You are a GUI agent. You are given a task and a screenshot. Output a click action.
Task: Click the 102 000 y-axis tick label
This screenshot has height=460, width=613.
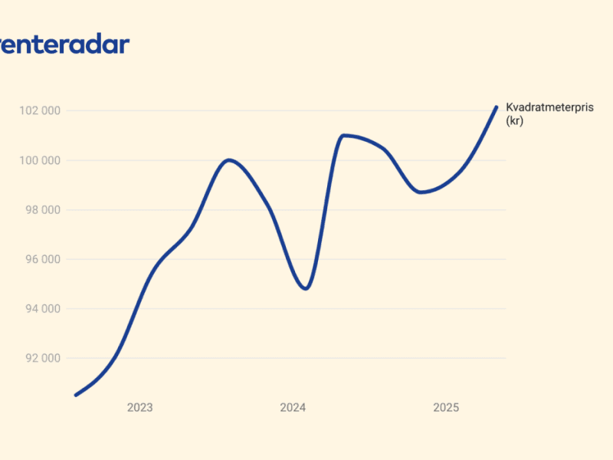point(39,111)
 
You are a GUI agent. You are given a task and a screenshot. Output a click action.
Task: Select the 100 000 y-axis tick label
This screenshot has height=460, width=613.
point(39,161)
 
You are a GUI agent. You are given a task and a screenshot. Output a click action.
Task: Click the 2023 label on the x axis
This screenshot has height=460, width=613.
point(139,408)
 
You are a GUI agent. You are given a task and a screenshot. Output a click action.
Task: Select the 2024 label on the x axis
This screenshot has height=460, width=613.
point(293,408)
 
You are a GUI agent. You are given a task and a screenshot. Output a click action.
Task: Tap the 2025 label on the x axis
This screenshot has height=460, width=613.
point(446,408)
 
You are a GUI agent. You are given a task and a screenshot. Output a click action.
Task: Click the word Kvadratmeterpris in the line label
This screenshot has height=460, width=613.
point(549,107)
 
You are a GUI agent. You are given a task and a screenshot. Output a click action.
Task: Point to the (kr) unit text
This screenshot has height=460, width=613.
point(514,120)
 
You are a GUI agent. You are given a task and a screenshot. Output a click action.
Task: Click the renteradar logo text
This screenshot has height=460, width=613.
point(64,44)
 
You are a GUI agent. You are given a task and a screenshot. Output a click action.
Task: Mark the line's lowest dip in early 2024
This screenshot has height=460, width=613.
point(306,288)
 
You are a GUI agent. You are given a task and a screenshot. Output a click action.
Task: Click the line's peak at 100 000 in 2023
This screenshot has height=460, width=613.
point(228,159)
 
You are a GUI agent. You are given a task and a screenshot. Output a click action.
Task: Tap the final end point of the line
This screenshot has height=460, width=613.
point(497,107)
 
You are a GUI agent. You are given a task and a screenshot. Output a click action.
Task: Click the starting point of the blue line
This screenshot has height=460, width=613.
point(75,395)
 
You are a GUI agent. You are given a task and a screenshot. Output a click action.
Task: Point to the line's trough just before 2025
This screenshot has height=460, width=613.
point(420,192)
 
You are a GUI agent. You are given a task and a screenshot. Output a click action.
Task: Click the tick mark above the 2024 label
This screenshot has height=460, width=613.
point(293,395)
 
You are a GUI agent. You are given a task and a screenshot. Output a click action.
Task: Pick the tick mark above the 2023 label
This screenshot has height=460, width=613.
point(139,395)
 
